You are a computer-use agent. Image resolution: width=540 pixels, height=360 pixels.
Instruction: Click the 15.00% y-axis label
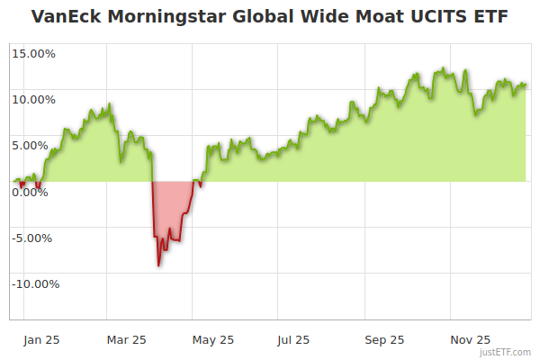click(33, 53)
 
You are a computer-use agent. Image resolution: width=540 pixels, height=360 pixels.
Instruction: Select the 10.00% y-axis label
click(33, 99)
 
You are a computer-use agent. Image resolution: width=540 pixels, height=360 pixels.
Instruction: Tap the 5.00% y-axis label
click(36, 145)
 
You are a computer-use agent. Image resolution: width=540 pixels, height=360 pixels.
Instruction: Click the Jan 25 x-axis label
click(40, 339)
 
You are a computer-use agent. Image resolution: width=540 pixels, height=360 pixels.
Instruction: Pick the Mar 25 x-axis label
click(126, 339)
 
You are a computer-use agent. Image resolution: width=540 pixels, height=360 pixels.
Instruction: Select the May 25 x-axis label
click(213, 339)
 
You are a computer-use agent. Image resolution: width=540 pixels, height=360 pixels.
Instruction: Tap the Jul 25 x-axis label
click(293, 339)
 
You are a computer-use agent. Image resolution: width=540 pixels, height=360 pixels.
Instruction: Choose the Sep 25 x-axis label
click(384, 339)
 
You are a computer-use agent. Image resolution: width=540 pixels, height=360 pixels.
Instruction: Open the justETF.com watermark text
click(506, 352)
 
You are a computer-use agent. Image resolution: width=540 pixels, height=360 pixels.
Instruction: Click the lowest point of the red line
click(158, 265)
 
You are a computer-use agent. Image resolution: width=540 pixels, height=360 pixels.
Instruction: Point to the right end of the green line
click(526, 85)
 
